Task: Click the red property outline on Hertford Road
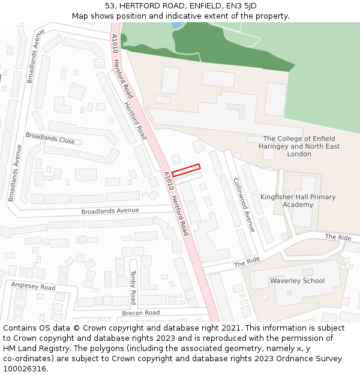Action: (186, 170)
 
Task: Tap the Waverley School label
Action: (297, 281)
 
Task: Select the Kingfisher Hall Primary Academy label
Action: (298, 200)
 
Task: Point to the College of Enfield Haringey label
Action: (299, 146)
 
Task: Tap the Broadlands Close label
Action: (50, 139)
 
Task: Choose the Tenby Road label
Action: (133, 287)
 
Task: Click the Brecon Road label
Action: (141, 313)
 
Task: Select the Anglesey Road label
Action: (33, 287)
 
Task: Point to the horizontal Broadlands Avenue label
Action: (110, 211)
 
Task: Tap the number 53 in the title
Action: (110, 6)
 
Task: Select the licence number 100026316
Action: (25, 369)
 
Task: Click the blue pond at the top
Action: (177, 25)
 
